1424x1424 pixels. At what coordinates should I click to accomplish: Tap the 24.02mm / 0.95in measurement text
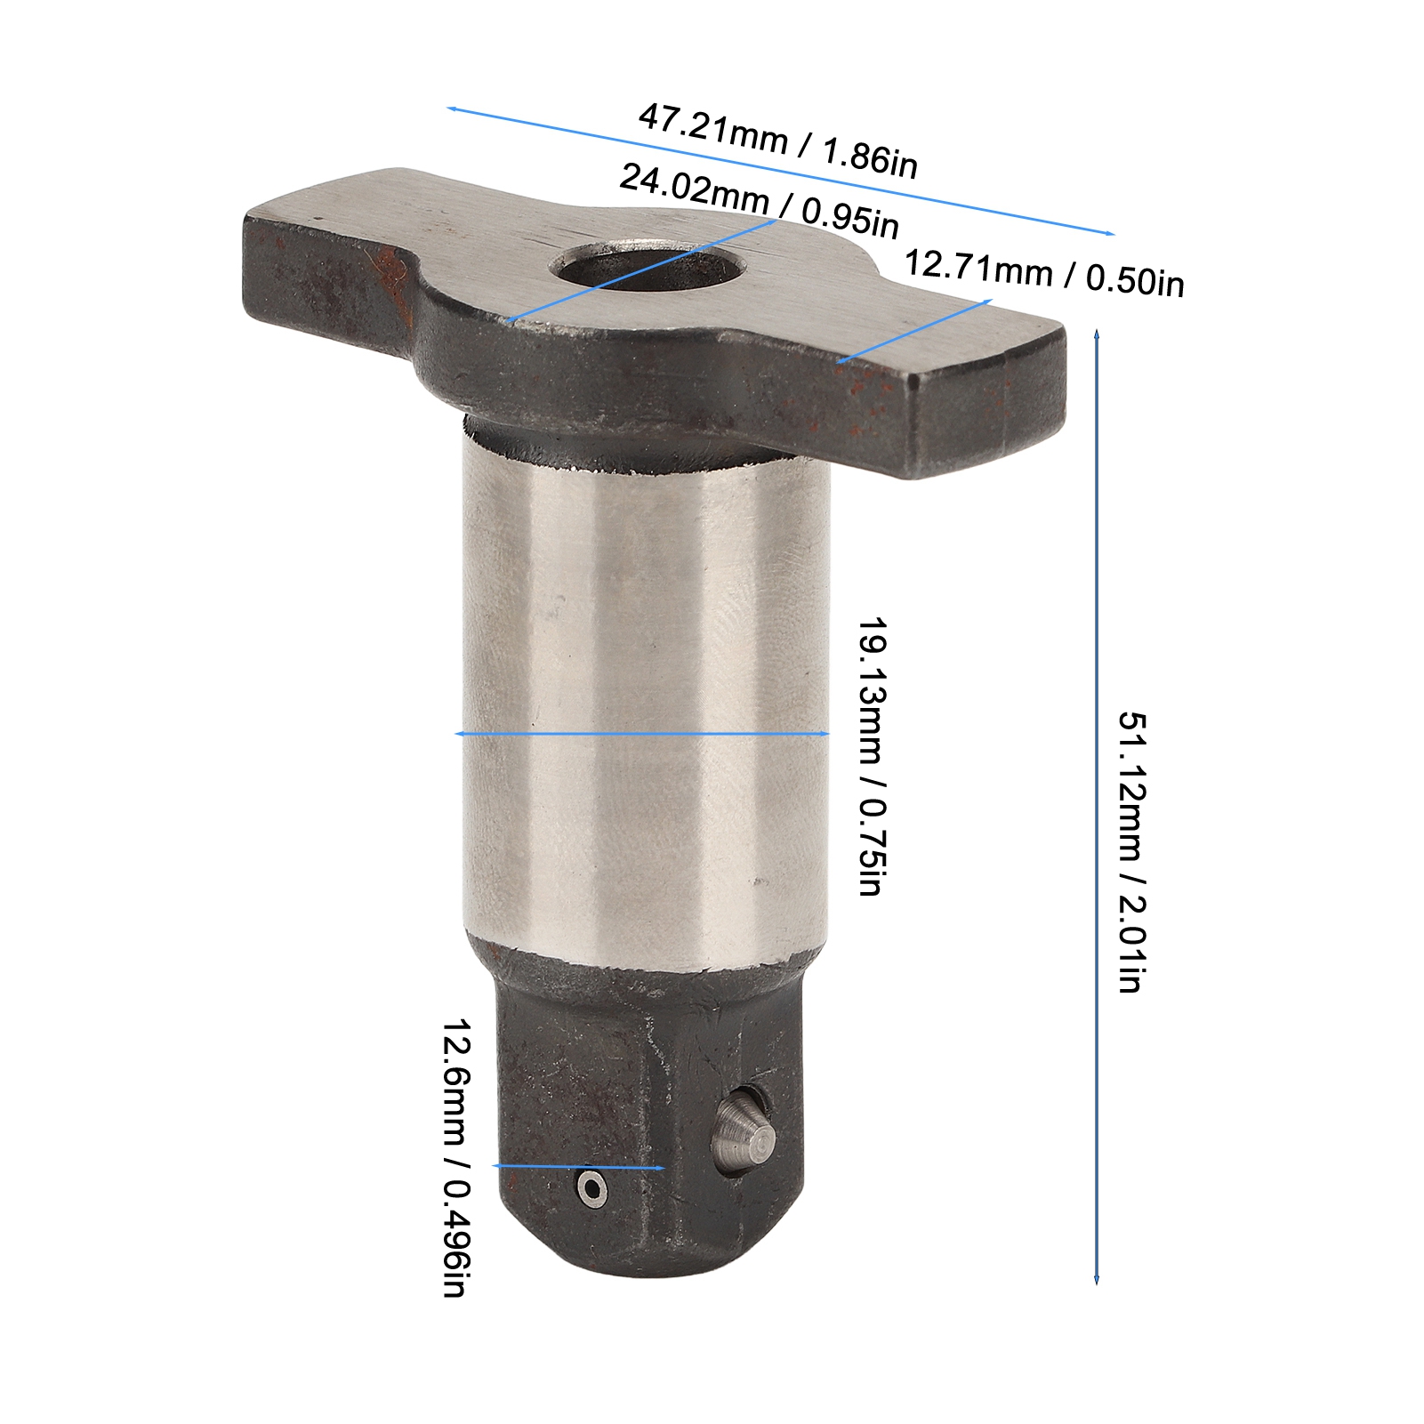coord(759,200)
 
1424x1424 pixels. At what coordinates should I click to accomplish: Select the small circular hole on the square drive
coord(591,1188)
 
